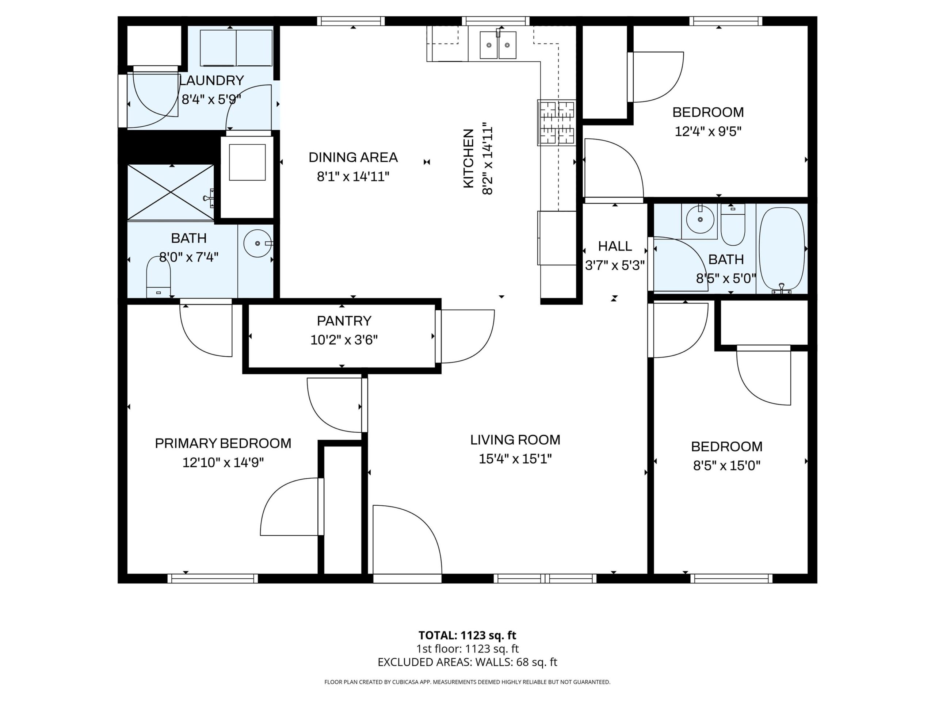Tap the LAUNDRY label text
pyautogui.click(x=212, y=80)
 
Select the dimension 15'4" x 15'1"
pyautogui.click(x=515, y=459)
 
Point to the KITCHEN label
pyautogui.click(x=468, y=158)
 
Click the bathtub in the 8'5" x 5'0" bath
pyautogui.click(x=782, y=250)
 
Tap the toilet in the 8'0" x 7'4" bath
pyautogui.click(x=159, y=276)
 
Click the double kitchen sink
pyautogui.click(x=498, y=45)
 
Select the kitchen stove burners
pyautogui.click(x=556, y=123)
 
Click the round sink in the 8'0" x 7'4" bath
pyautogui.click(x=258, y=244)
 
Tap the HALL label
pyautogui.click(x=615, y=246)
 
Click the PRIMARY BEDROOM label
pyautogui.click(x=223, y=443)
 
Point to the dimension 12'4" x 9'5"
pyautogui.click(x=708, y=131)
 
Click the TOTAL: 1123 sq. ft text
pyautogui.click(x=467, y=635)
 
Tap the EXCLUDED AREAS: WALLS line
pyautogui.click(x=467, y=662)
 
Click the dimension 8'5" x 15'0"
pyautogui.click(x=726, y=466)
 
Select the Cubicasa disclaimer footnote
pyautogui.click(x=467, y=682)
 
